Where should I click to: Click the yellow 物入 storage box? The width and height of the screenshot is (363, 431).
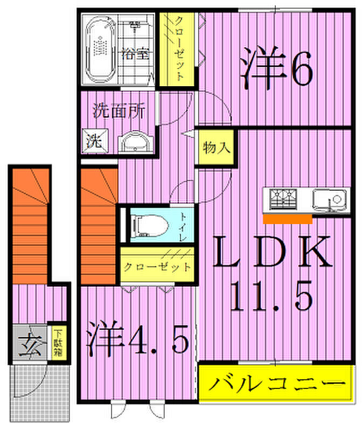[x=215, y=147]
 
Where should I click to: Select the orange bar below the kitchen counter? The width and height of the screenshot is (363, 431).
[x=287, y=219]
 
